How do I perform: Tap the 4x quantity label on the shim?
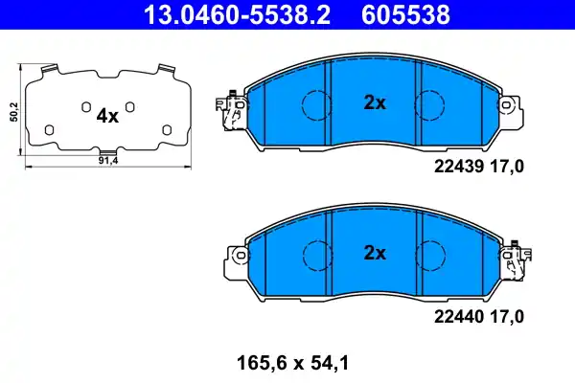107,117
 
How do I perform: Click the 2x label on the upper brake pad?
374,102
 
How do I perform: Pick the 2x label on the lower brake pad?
374,253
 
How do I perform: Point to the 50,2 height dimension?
12,112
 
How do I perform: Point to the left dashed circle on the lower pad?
315,254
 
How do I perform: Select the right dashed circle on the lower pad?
432,254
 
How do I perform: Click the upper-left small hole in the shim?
84,105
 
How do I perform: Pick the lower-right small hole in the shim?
166,129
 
